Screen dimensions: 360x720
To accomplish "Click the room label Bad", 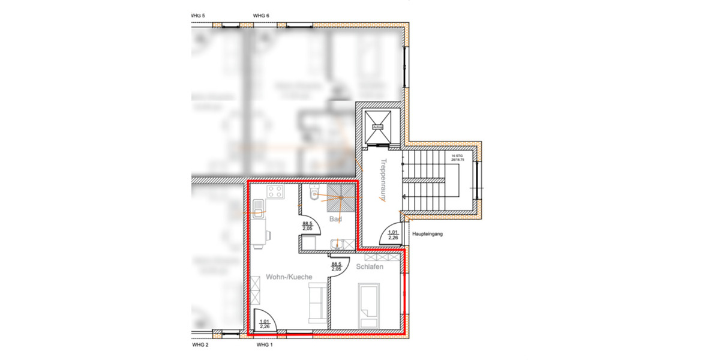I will (x=336, y=220).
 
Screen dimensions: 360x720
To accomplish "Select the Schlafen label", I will (x=370, y=267).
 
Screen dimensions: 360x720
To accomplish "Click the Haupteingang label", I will (x=427, y=235).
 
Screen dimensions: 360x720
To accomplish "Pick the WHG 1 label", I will (x=264, y=346).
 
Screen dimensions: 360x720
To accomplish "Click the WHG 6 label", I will (x=261, y=15).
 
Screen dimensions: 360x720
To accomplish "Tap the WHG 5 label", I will (x=197, y=15).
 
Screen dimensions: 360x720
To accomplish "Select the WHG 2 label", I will (x=200, y=346).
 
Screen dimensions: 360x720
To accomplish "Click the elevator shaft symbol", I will (x=378, y=127).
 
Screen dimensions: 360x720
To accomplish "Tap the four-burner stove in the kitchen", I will (x=275, y=193).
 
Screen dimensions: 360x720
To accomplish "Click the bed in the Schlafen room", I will (x=368, y=305).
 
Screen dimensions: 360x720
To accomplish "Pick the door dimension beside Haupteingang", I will (x=394, y=235).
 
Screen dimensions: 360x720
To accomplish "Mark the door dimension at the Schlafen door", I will (x=337, y=266).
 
